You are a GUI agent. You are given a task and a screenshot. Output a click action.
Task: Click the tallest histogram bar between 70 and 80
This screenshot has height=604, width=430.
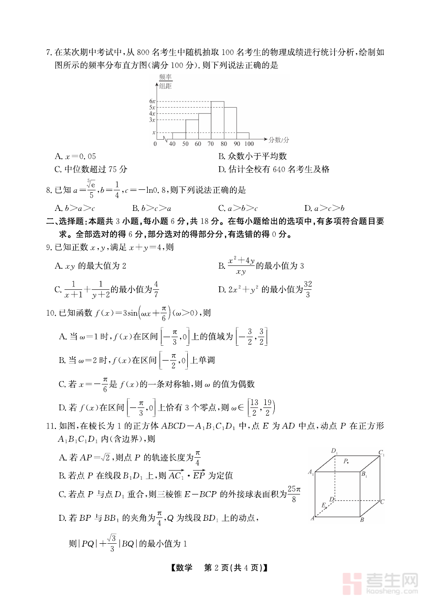pyautogui.click(x=218, y=120)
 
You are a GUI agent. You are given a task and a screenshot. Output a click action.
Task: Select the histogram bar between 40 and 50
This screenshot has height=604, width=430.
pyautogui.click(x=179, y=135)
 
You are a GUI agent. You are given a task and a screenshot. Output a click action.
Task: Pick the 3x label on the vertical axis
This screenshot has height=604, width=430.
pyautogui.click(x=152, y=120)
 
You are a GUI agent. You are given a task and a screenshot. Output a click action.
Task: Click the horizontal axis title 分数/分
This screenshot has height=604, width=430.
pyautogui.click(x=279, y=140)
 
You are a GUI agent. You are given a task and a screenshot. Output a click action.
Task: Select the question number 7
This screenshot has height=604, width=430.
pyautogui.click(x=48, y=52)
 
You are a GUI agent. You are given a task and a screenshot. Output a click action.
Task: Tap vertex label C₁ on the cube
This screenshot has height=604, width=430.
pyautogui.click(x=381, y=453)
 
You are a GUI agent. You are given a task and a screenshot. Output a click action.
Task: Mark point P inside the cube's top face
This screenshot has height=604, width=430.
pyautogui.click(x=347, y=462)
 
